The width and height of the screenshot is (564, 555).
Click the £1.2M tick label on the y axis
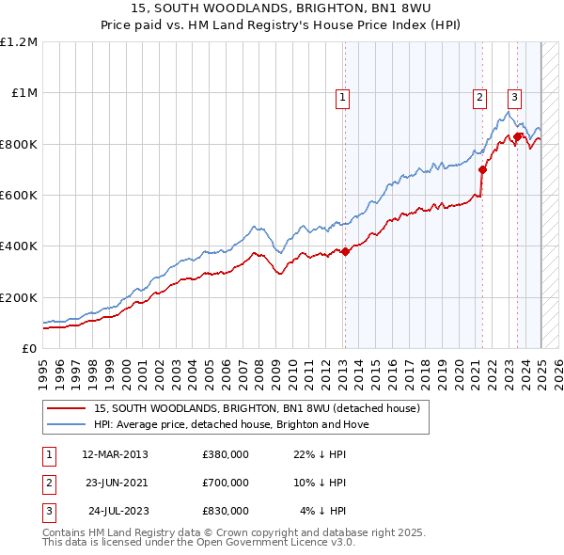(19, 42)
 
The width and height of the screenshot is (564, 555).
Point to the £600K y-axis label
(19, 196)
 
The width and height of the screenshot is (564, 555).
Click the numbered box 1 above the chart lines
(342, 96)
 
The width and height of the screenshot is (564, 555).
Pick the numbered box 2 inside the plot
(479, 96)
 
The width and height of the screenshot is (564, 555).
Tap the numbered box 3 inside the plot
(515, 96)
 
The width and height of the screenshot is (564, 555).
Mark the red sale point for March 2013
(345, 251)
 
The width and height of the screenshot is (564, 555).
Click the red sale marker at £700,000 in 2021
(482, 170)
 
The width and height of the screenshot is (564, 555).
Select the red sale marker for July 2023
(518, 136)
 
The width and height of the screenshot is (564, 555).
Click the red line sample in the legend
(66, 408)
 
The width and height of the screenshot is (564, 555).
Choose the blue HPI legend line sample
(66, 424)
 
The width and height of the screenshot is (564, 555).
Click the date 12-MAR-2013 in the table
(116, 454)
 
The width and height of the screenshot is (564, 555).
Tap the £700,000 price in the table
(226, 483)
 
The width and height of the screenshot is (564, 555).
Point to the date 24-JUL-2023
(116, 511)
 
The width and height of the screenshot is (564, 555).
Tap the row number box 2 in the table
(47, 483)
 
